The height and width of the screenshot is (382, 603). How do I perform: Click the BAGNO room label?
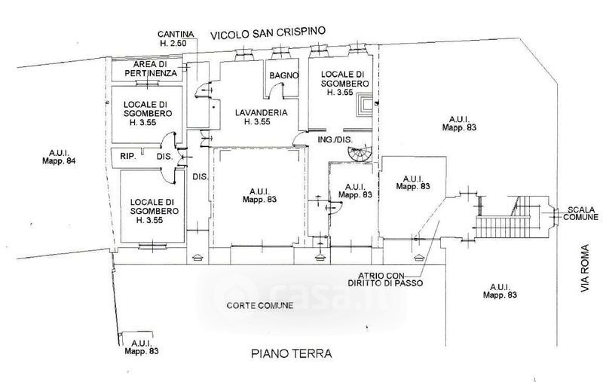coord(287,75)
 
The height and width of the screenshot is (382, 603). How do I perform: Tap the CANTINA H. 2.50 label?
coord(178,40)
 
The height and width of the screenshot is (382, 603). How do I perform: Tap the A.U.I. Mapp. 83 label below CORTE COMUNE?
coord(141,347)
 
